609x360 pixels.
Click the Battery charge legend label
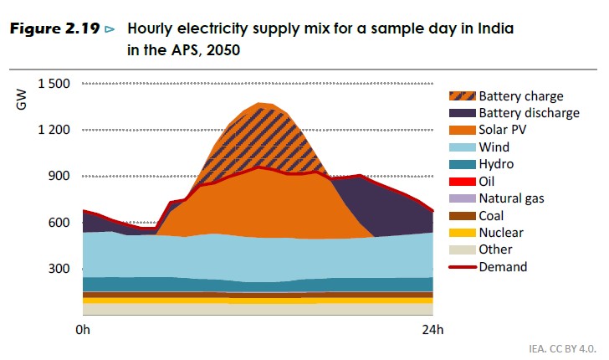pos(520,96)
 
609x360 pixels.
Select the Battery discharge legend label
pos(529,113)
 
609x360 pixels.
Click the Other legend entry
pos(496,249)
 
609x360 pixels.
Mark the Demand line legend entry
pos(503,267)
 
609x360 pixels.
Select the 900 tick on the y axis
pos(59,176)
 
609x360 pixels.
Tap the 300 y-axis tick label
pos(59,269)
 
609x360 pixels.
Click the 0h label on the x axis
pos(82,330)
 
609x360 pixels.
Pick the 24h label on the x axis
pos(432,330)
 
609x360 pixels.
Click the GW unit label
pos(22,101)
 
